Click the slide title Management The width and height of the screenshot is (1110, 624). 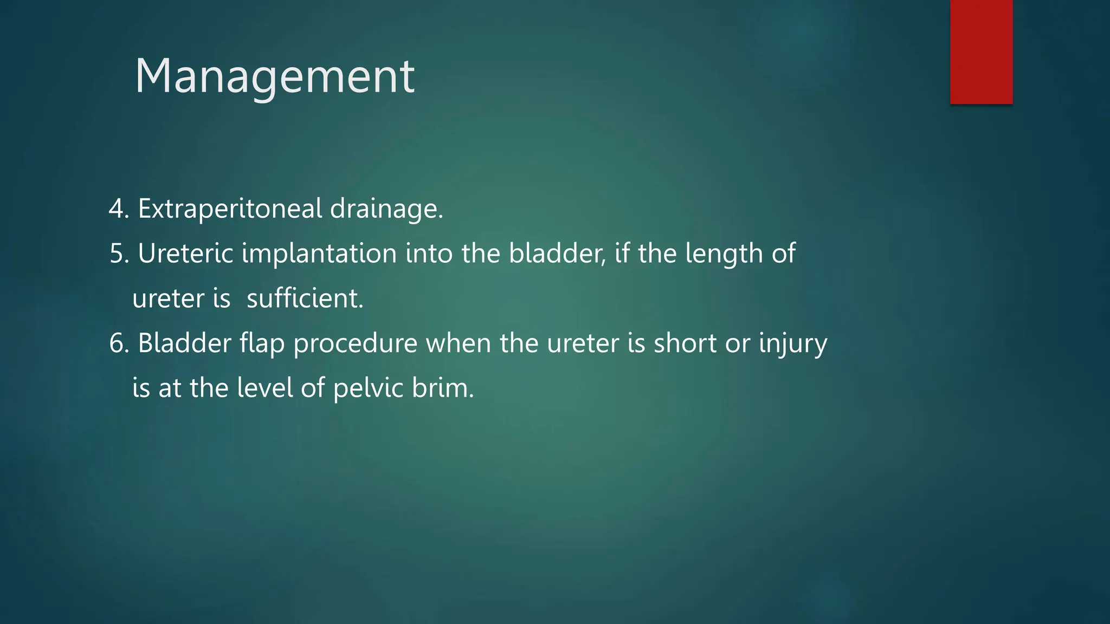tap(274, 76)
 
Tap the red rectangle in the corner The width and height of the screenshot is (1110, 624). tap(981, 51)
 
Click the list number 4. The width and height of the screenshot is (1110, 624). tap(117, 209)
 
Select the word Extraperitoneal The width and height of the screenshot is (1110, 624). tap(230, 209)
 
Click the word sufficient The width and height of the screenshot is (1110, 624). tap(305, 298)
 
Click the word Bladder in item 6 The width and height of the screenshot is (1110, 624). tap(184, 343)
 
